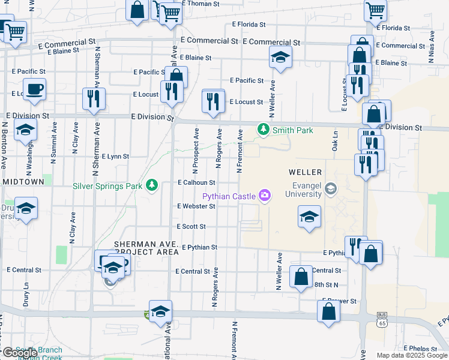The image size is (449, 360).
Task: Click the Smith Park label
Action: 285,130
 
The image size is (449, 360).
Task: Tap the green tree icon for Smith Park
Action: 262,129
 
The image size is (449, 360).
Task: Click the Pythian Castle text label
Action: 229,196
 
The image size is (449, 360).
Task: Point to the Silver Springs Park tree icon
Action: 152,185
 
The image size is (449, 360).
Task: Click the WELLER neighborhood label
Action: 309,172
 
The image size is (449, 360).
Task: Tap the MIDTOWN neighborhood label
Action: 23,181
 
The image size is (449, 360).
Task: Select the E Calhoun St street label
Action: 196,182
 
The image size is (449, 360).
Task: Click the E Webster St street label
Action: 196,206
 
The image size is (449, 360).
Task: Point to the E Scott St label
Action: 191,227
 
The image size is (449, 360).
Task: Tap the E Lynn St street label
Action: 115,156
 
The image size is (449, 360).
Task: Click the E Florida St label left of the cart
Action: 249,25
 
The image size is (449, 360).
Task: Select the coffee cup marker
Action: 34,89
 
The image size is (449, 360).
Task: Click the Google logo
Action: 20,352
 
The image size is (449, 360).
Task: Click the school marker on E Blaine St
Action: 279,58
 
